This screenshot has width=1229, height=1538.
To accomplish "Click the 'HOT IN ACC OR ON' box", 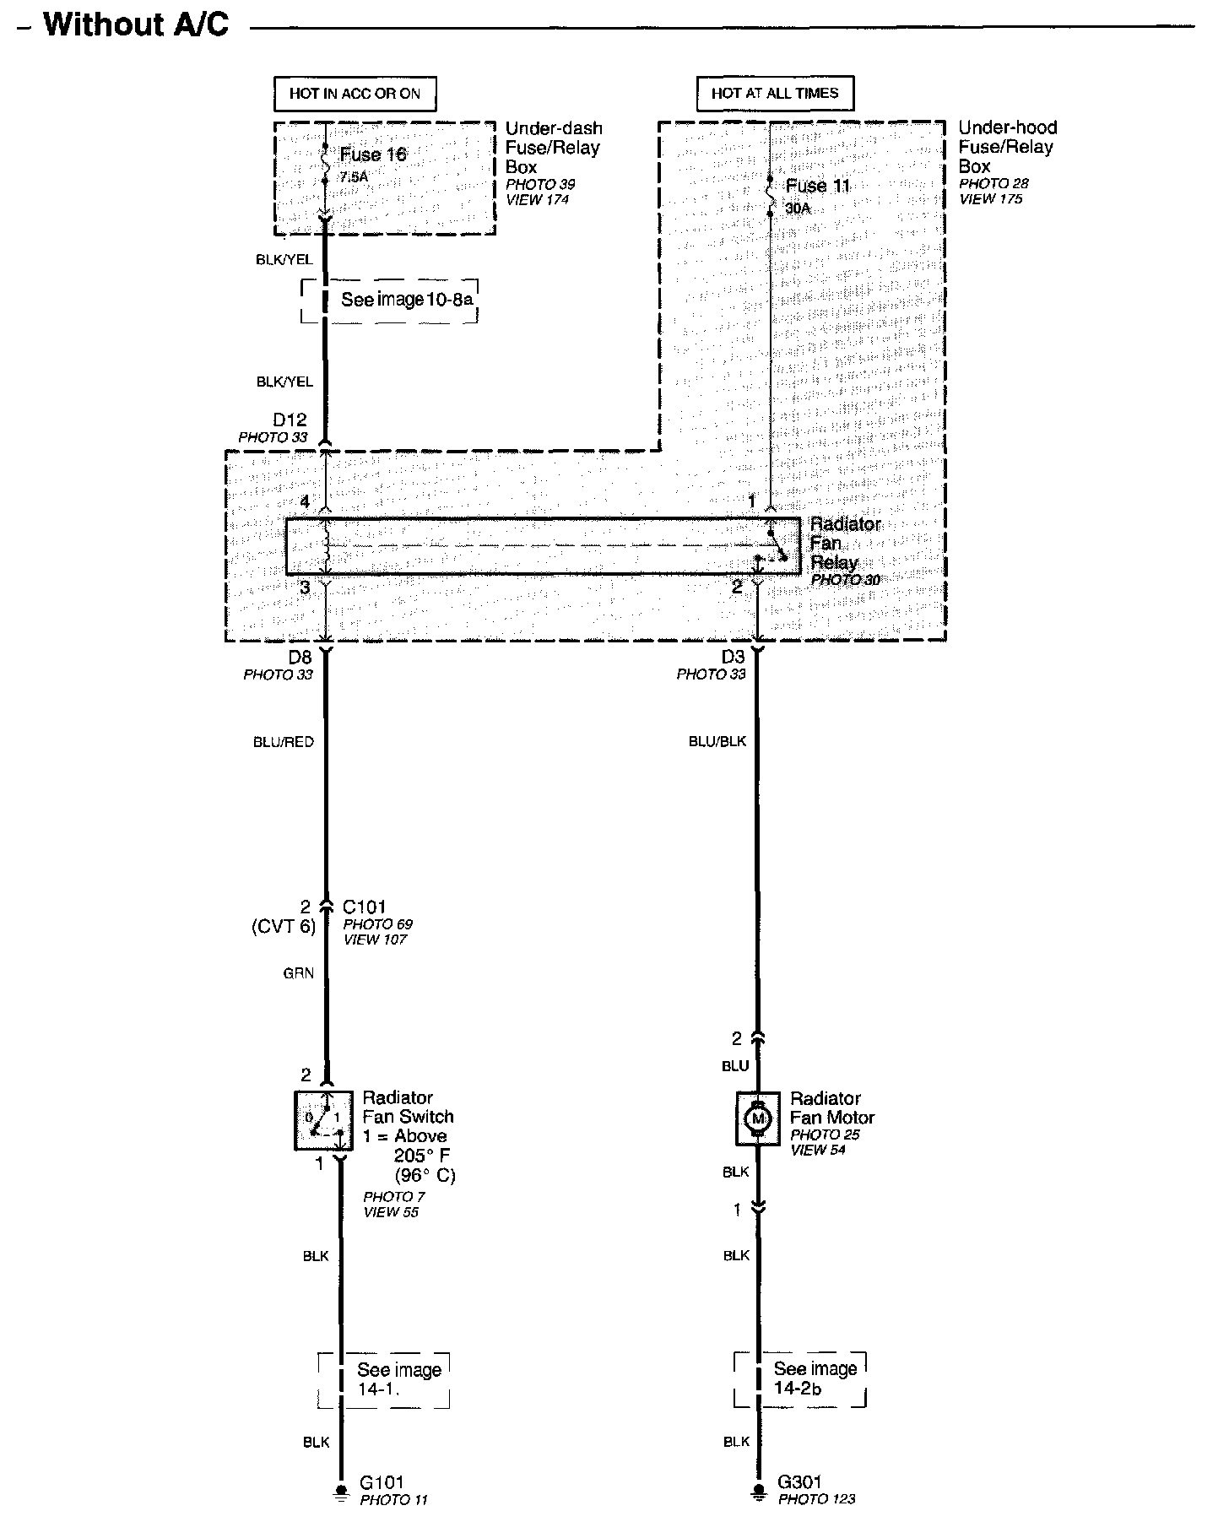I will pyautogui.click(x=355, y=94).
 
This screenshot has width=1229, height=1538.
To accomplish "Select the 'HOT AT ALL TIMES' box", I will pyautogui.click(x=775, y=94).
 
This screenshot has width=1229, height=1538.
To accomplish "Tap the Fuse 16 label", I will pyautogui.click(x=373, y=154).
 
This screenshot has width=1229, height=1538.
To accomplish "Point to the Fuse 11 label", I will pyautogui.click(x=817, y=187).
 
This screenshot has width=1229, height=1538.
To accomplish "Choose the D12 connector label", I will pyautogui.click(x=290, y=420).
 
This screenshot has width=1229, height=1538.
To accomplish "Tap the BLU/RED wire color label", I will pyautogui.click(x=284, y=743).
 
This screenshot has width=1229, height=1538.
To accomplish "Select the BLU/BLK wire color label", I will pyautogui.click(x=717, y=742).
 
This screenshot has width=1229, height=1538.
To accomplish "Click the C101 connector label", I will pyautogui.click(x=364, y=907).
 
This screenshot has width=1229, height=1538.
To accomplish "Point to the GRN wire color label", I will pyautogui.click(x=298, y=973).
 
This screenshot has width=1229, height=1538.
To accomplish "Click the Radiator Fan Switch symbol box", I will pyautogui.click(x=323, y=1120).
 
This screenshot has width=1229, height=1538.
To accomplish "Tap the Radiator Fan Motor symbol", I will pyautogui.click(x=757, y=1119).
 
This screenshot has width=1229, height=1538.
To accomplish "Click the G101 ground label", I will pyautogui.click(x=382, y=1481).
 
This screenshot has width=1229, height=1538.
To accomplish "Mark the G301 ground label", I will pyautogui.click(x=799, y=1481).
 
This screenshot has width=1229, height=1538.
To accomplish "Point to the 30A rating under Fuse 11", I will pyautogui.click(x=798, y=208).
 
